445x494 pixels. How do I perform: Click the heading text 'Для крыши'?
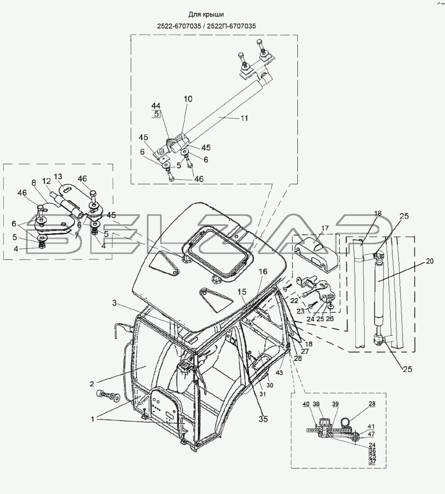coord(206,15)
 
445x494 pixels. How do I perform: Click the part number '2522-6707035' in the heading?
coord(179,26)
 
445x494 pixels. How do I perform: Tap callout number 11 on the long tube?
coord(244,118)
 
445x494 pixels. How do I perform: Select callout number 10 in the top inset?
coord(188,99)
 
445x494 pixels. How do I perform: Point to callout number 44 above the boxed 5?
coord(156,105)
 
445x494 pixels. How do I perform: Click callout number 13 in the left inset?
coord(58,176)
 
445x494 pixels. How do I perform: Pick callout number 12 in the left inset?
coord(46,181)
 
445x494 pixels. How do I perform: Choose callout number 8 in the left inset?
coord(34,183)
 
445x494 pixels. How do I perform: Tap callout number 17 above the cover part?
coord(325,228)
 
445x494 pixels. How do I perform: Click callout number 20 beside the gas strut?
coord(429,261)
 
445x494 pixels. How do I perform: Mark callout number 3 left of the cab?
coord(114,303)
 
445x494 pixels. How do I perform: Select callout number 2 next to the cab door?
coord(92,384)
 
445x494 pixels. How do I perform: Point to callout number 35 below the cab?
coord(263,419)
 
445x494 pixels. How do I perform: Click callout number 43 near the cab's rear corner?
coord(279,373)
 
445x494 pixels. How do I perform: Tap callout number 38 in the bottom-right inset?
coord(316,404)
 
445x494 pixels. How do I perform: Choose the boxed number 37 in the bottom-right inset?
coord(373,462)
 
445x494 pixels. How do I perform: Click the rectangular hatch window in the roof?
coord(217,252)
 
